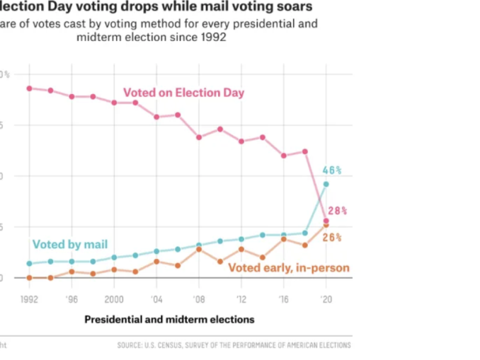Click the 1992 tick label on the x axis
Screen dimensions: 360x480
coord(29,299)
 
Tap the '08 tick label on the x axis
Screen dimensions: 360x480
coord(199,299)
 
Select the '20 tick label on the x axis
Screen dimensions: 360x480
coord(326,299)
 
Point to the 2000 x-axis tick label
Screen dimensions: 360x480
coord(114,299)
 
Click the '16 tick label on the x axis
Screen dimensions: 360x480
coord(283,299)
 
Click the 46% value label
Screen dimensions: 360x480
coord(332,170)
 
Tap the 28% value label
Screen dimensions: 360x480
coord(337,211)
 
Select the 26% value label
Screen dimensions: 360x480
coord(332,237)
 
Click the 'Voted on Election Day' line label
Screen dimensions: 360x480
coord(183,93)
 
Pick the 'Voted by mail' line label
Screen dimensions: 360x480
coord(70,245)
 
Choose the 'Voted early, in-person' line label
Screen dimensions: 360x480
coord(288,267)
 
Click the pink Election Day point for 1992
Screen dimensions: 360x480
coord(29,88)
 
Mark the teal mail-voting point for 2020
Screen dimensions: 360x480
coord(326,184)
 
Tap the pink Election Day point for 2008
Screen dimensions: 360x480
coord(199,137)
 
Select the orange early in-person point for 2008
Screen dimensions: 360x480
coord(199,249)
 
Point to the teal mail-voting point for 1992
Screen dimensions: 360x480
coord(29,263)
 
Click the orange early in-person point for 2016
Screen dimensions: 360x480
coord(283,239)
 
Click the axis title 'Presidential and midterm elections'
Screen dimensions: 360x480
coord(169,320)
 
